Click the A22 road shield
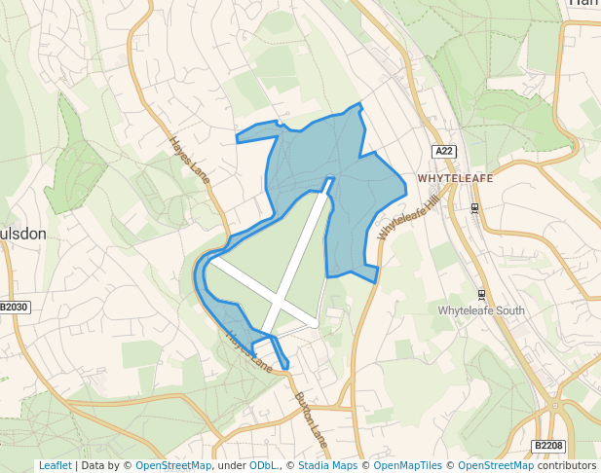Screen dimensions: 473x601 click(445, 151)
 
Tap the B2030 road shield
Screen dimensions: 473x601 click(15, 308)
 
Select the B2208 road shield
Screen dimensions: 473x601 click(548, 446)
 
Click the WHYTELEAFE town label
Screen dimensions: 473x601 click(455, 179)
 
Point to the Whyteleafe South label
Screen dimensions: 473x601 click(481, 310)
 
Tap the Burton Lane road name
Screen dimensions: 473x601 click(312, 419)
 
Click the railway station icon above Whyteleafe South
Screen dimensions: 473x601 click(481, 293)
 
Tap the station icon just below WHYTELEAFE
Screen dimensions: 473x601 click(474, 208)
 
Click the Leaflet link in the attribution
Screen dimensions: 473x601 click(55, 466)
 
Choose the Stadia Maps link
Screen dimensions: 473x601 click(326, 466)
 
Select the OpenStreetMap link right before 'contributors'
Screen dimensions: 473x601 click(496, 466)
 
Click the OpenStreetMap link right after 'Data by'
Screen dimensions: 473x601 click(172, 466)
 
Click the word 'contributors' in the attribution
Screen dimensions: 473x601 click(567, 466)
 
